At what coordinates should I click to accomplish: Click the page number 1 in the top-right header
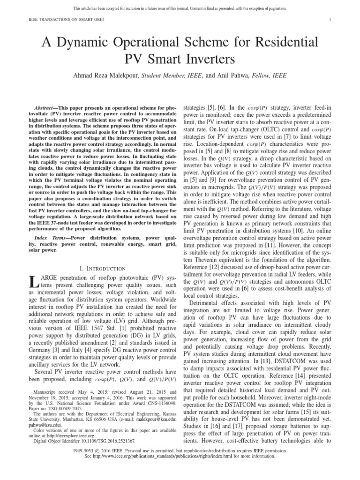click(330, 19)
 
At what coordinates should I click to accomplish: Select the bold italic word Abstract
click(46, 108)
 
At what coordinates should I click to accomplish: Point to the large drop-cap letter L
click(32, 282)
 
